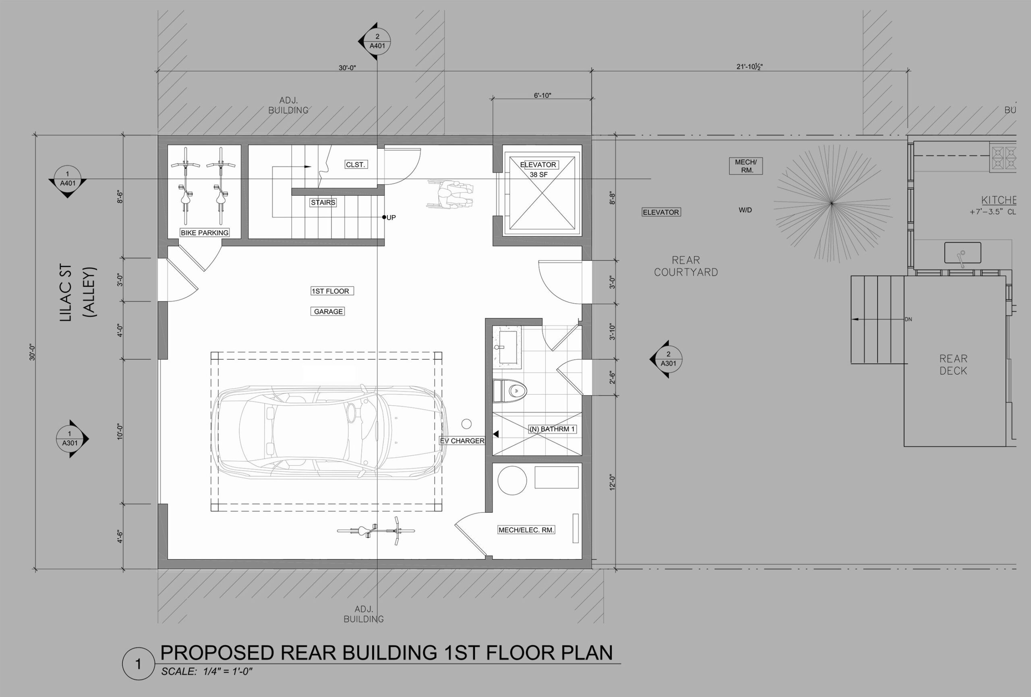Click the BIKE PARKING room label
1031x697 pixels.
click(x=205, y=232)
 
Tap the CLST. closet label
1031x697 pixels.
click(x=355, y=165)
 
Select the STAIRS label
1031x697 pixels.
click(x=323, y=202)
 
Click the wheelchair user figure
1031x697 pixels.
click(x=450, y=194)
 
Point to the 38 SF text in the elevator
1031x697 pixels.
click(x=538, y=175)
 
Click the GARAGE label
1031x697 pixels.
click(x=328, y=311)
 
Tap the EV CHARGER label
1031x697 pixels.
click(x=462, y=441)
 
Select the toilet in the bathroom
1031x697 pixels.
click(x=510, y=391)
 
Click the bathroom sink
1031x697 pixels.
click(x=508, y=347)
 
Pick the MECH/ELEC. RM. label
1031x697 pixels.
click(x=526, y=530)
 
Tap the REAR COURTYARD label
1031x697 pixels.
click(x=686, y=266)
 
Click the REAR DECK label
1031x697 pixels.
click(x=953, y=365)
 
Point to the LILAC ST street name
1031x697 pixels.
click(x=66, y=293)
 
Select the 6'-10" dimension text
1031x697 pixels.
click(x=542, y=95)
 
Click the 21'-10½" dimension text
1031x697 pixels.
click(x=750, y=67)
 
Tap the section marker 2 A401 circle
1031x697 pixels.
click(x=377, y=41)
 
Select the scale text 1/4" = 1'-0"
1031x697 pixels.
click(x=228, y=671)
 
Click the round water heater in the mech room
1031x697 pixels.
click(x=512, y=481)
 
